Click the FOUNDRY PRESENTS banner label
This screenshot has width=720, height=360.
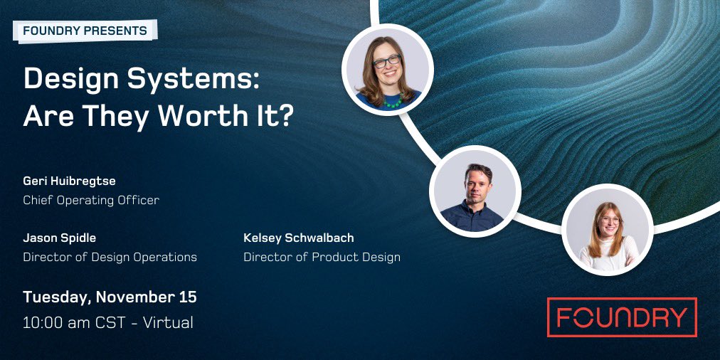[85, 31]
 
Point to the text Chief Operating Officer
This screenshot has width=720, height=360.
[91, 200]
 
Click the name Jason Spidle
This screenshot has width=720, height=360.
[60, 238]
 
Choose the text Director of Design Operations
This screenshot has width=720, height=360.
[110, 257]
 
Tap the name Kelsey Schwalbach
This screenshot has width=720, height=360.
[298, 238]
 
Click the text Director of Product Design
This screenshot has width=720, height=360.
[322, 257]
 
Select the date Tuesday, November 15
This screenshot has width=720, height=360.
[110, 297]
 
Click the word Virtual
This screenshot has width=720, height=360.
[168, 322]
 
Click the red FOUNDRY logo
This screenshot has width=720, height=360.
[621, 317]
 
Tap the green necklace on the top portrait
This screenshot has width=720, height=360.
[392, 102]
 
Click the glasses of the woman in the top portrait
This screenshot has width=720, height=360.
[387, 62]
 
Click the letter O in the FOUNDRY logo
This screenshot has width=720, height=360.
[588, 317]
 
